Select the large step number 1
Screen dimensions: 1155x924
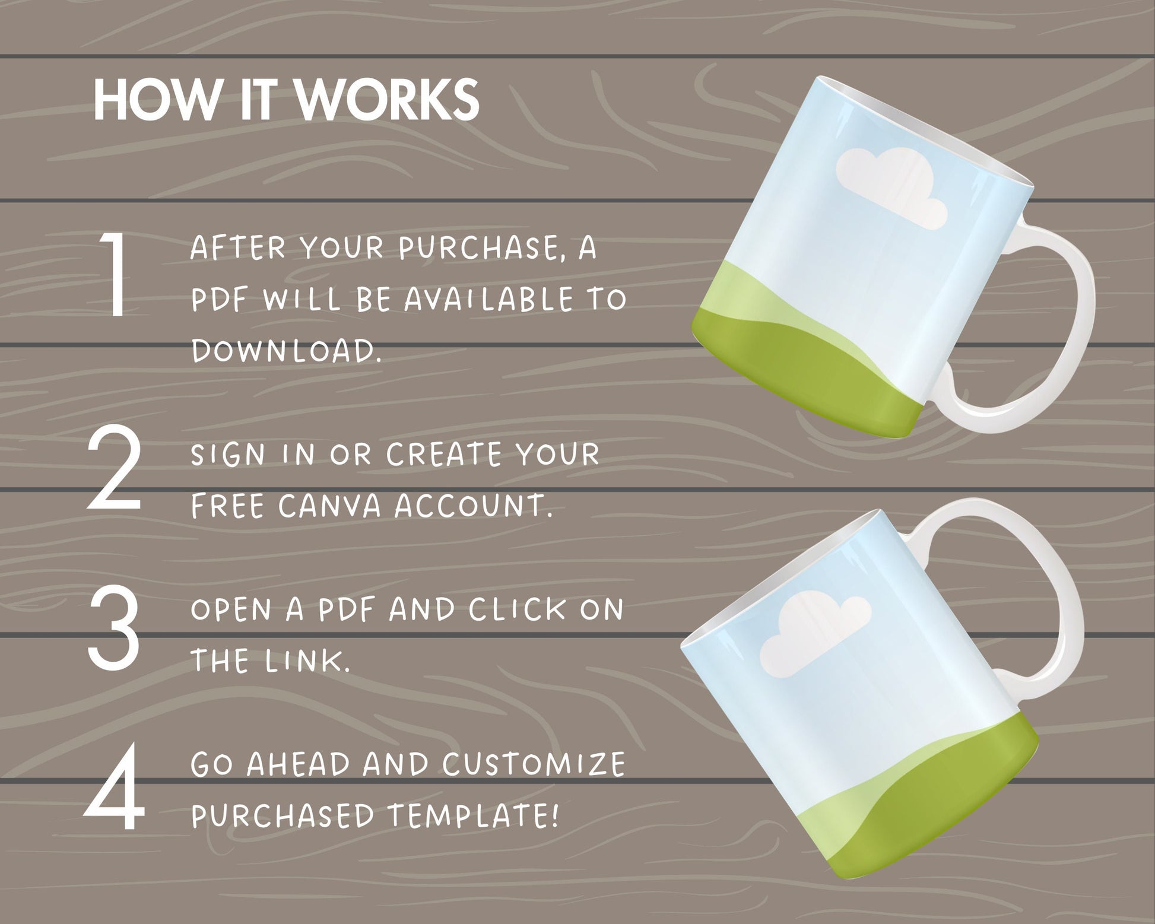(x=114, y=274)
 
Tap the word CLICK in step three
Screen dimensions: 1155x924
(x=517, y=609)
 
